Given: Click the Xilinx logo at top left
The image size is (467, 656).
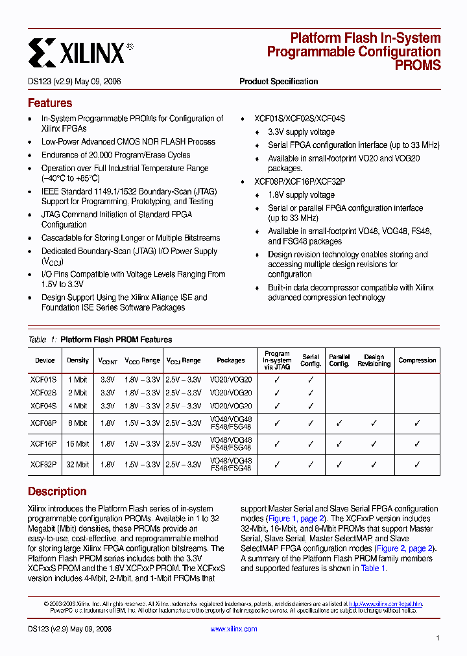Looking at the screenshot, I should click(77, 51).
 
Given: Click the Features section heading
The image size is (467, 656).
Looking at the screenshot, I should click(50, 103).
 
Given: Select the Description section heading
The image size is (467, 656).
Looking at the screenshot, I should click(57, 491).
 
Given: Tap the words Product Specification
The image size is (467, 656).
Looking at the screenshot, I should click(278, 82).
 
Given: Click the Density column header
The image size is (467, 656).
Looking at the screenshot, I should click(78, 360).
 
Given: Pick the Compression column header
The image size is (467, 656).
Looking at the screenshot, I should click(417, 360).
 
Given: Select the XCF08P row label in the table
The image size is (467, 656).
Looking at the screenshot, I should click(43, 423).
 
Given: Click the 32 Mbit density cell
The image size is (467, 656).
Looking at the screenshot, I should click(78, 465).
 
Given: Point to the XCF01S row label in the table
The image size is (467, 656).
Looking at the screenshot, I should click(43, 379).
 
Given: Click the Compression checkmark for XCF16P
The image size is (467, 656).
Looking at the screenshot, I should click(417, 444).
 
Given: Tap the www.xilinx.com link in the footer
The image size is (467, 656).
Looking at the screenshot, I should click(233, 629).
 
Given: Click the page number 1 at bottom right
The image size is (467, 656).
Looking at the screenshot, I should click(438, 638).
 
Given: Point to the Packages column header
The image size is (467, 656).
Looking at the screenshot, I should click(231, 360).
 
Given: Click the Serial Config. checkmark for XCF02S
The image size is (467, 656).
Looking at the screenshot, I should click(311, 393).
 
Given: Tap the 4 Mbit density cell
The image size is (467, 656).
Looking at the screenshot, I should click(78, 406).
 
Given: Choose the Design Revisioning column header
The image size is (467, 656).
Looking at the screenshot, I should click(374, 360).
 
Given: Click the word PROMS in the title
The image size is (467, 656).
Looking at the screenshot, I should click(418, 65).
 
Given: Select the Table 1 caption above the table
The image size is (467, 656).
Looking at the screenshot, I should click(100, 340).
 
